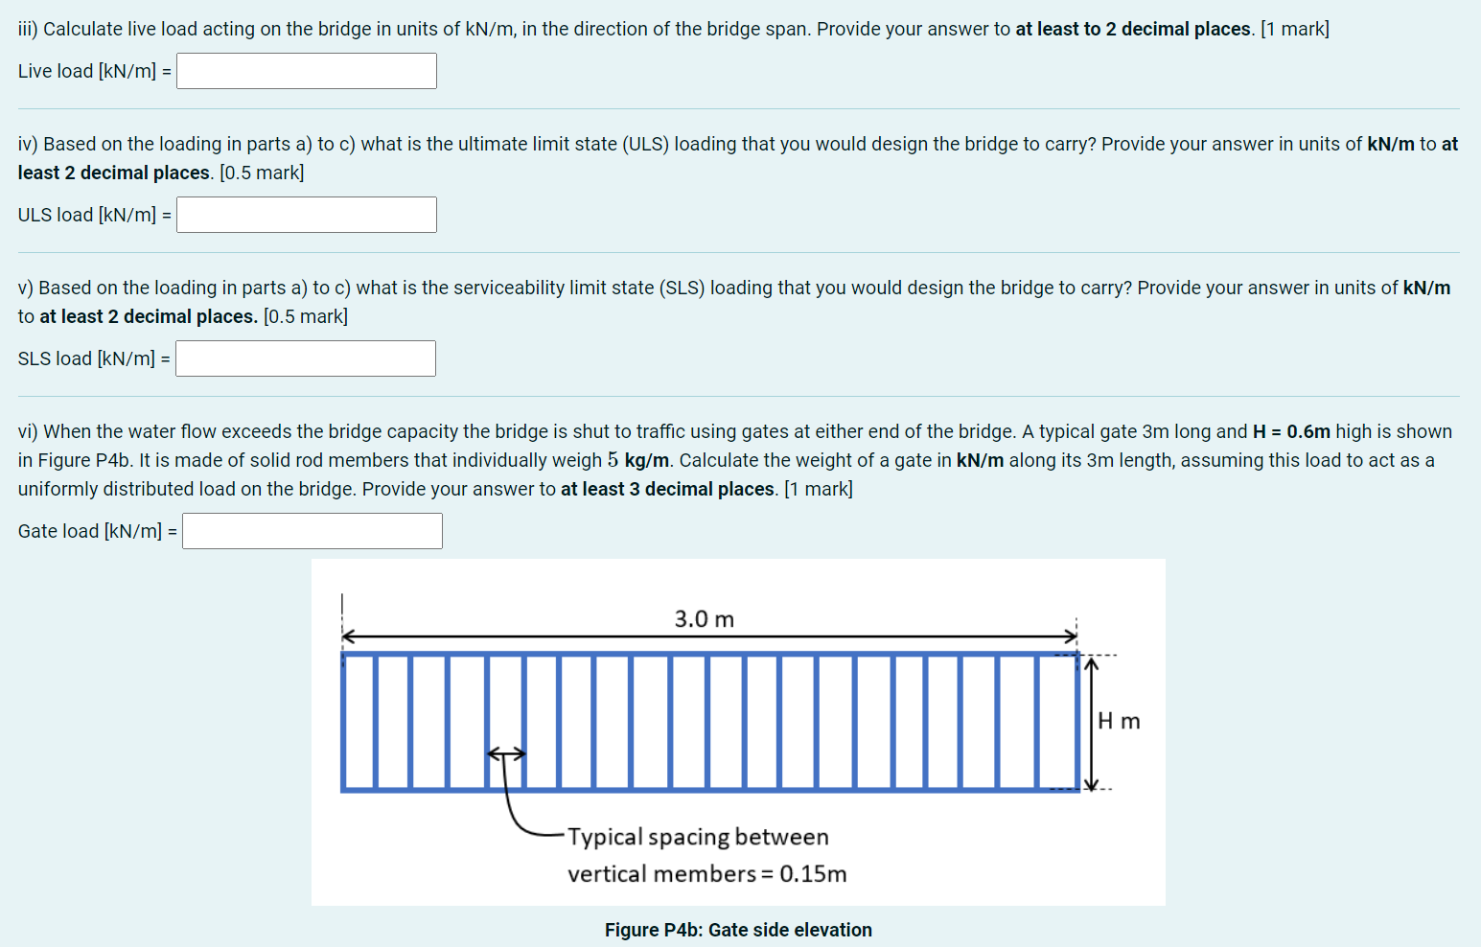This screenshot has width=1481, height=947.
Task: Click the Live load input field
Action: (x=307, y=71)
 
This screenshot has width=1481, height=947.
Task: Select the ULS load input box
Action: (x=307, y=215)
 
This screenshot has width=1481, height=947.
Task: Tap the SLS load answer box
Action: (x=306, y=358)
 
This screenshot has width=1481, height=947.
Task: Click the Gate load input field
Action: (x=312, y=531)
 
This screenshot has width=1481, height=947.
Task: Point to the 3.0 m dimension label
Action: (x=705, y=619)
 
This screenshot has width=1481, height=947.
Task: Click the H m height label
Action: (x=1119, y=721)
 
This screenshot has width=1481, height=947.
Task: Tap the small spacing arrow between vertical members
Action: (x=506, y=754)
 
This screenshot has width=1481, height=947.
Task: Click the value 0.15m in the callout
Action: (x=813, y=874)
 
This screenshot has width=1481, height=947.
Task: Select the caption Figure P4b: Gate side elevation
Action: (x=738, y=930)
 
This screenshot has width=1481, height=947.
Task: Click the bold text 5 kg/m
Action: (x=638, y=460)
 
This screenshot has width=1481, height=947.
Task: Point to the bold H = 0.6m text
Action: (x=1291, y=431)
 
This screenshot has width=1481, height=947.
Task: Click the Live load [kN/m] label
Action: (x=94, y=71)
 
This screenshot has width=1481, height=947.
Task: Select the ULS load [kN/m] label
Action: (x=94, y=215)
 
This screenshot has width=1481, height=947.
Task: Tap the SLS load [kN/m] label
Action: (x=94, y=358)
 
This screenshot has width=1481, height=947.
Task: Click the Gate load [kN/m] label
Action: (x=97, y=531)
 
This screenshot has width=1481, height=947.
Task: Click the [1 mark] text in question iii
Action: (x=1295, y=29)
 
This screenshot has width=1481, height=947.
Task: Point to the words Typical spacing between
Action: (x=698, y=837)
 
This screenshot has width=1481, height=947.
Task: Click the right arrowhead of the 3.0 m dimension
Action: (x=1071, y=636)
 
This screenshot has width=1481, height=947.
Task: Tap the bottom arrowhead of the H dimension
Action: (x=1090, y=784)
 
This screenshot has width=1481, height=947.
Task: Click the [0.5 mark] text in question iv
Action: (x=262, y=173)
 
